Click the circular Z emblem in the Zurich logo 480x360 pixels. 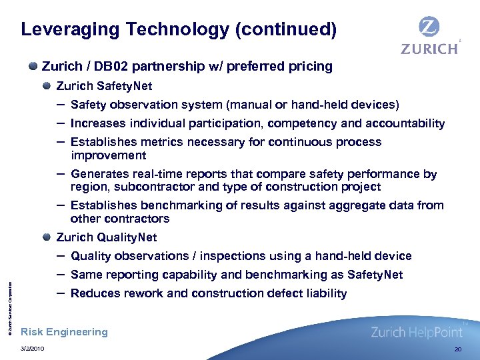point(429,28)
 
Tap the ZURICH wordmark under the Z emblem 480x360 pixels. point(429,49)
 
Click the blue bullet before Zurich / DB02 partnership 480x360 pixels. point(33,67)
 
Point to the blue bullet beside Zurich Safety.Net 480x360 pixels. point(47,86)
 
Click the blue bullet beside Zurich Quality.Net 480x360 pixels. point(47,237)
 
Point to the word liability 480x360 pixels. point(323,293)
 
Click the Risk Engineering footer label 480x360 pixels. point(65,332)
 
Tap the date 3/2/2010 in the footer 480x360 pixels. point(33,349)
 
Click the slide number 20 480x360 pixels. point(457,349)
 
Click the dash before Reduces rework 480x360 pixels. point(61,293)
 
